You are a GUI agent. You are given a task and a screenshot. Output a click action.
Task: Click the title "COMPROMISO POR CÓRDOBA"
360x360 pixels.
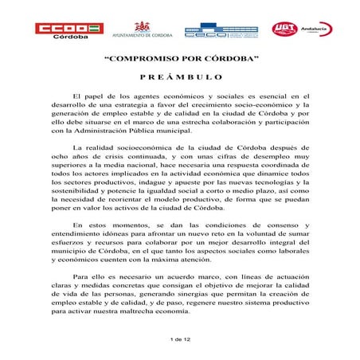(x=179, y=61)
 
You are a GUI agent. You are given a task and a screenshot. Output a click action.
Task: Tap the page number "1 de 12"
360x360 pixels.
(x=180, y=339)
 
